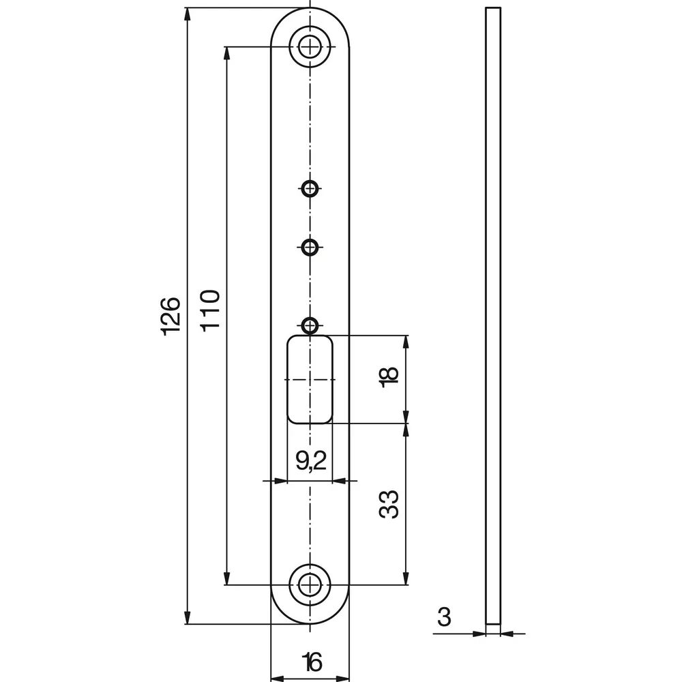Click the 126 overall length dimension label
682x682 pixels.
[171, 316]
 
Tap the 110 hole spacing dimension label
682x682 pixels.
[211, 310]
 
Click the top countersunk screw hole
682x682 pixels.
[310, 46]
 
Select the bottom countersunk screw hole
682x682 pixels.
[310, 584]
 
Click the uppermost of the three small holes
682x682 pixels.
[310, 188]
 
